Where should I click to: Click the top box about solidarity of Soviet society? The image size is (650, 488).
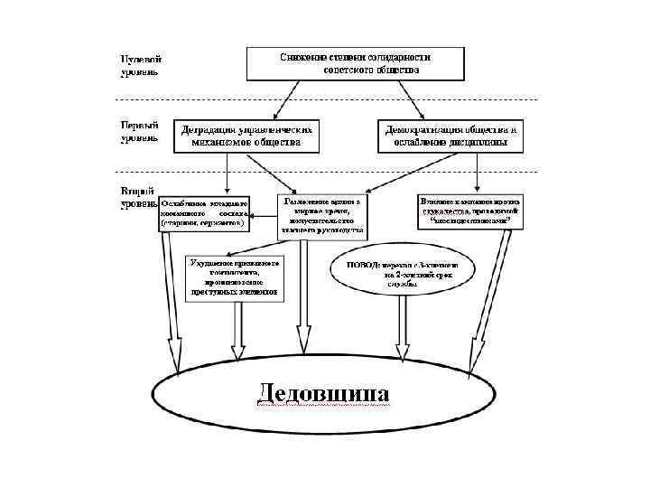click(355, 61)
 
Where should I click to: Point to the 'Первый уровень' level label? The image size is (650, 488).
click(141, 131)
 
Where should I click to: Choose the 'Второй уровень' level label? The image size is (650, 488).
click(141, 197)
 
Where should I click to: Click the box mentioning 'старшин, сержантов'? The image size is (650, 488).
click(204, 211)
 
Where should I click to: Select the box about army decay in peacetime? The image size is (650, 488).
click(324, 215)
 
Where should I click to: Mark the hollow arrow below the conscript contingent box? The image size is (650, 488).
click(238, 330)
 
